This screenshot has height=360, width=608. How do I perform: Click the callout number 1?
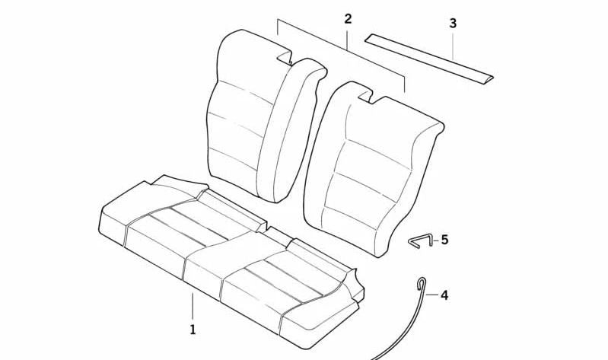[193, 330]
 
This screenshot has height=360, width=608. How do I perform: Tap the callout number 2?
[348, 19]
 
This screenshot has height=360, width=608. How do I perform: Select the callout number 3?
[453, 24]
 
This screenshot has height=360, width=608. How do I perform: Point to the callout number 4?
[444, 295]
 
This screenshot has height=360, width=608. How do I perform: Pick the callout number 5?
[444, 240]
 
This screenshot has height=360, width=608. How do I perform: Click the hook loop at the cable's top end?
[419, 284]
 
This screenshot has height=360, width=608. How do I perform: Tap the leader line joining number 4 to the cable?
[431, 293]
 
